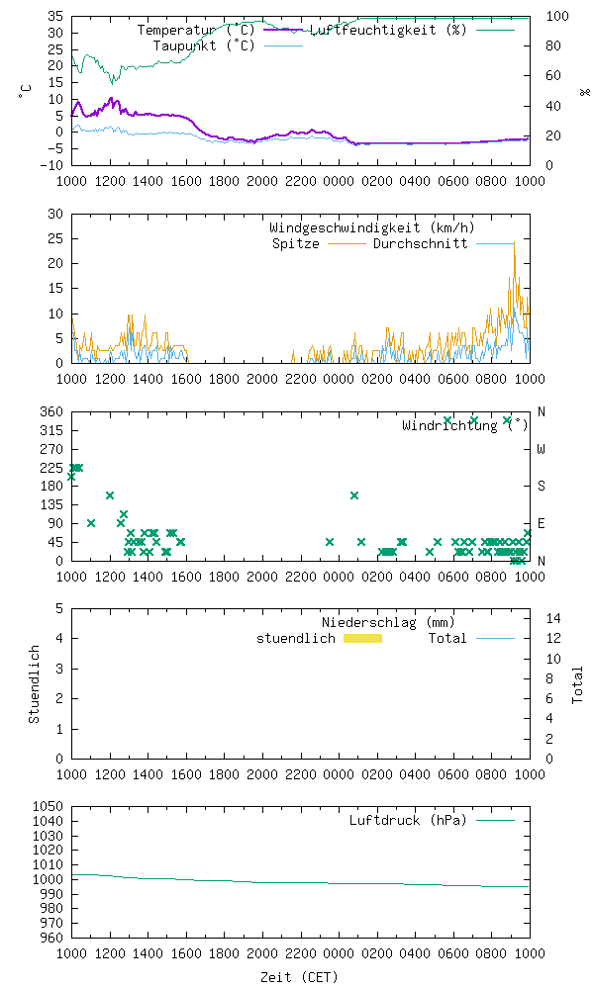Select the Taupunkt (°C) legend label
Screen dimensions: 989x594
[x=204, y=45]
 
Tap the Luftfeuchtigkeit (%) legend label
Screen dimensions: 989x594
[x=388, y=30]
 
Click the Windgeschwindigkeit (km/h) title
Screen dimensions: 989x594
[x=356, y=227]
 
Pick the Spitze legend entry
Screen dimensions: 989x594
[x=295, y=243]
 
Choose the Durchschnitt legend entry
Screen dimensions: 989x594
[x=420, y=243]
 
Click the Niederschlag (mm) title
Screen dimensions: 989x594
[x=388, y=622]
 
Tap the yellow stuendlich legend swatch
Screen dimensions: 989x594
[x=362, y=638]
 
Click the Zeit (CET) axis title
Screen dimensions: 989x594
[x=299, y=977]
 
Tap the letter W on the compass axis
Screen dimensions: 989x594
[x=541, y=449]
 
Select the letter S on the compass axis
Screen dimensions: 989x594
[x=541, y=486]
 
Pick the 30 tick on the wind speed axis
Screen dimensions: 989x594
[x=56, y=214]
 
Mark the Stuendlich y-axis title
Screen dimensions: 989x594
[x=34, y=683]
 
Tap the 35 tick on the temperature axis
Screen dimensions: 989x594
[x=56, y=17]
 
